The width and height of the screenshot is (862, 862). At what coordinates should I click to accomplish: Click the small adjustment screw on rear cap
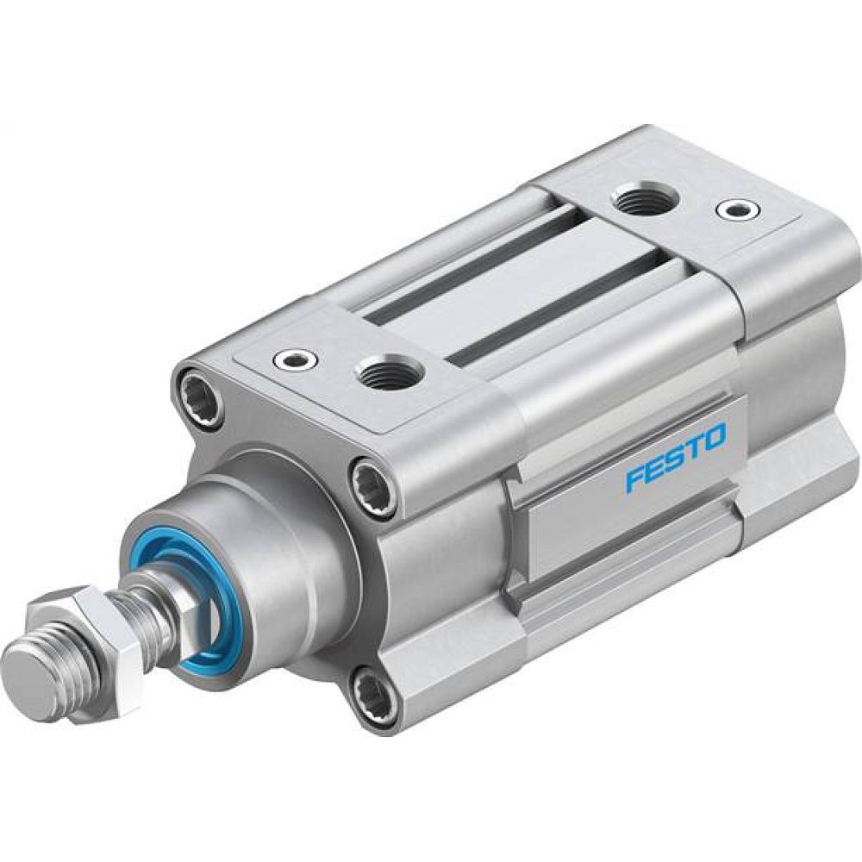click(x=738, y=208)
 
